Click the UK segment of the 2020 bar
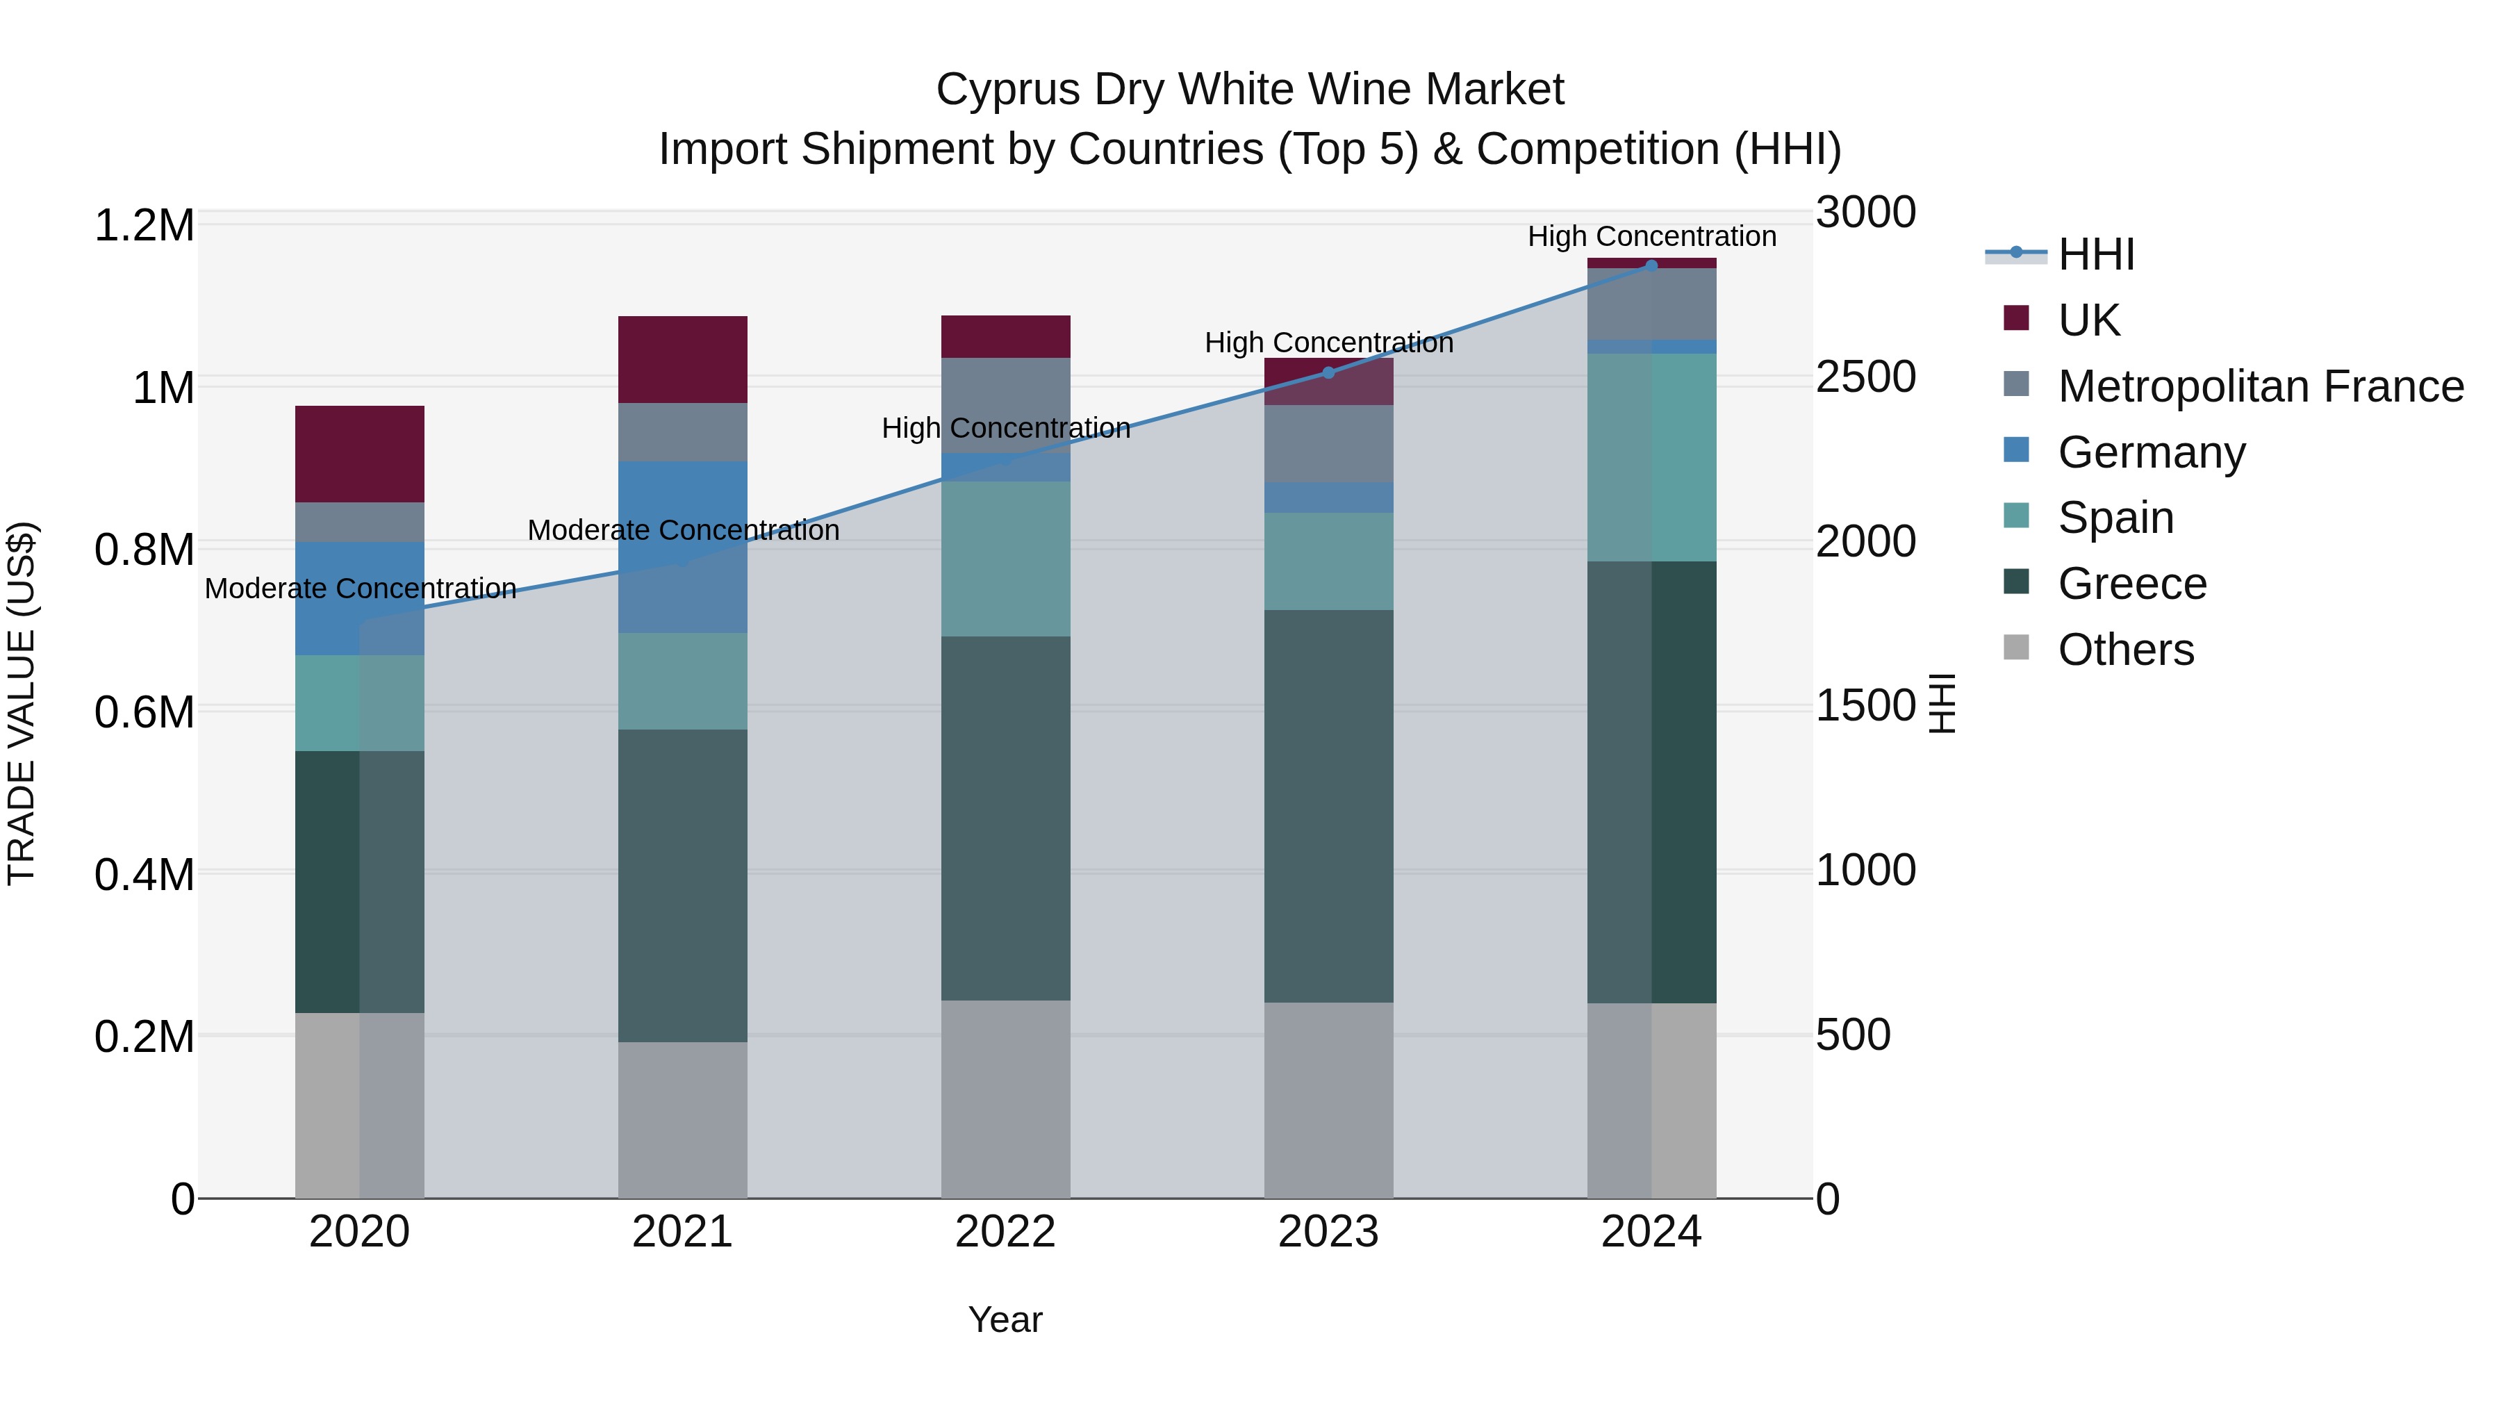click(359, 454)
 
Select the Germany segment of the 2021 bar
click(682, 547)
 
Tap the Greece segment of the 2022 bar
click(1006, 818)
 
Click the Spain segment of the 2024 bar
click(1651, 456)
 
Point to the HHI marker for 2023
click(1328, 373)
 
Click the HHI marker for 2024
click(1651, 265)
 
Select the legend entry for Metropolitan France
click(2260, 386)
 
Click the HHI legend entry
click(2095, 254)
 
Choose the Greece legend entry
click(2132, 584)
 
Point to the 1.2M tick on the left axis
click(144, 225)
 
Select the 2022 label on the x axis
click(1006, 1232)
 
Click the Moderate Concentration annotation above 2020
click(360, 589)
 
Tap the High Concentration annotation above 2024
click(1651, 236)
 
